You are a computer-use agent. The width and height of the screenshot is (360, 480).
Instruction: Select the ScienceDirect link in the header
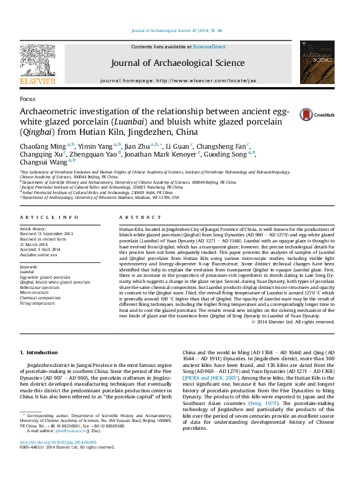[209, 47]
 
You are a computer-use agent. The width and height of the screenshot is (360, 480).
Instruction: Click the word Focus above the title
[27, 99]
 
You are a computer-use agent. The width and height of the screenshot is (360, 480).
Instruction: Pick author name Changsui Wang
[43, 162]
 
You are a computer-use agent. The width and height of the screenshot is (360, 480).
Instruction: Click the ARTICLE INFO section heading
[50, 217]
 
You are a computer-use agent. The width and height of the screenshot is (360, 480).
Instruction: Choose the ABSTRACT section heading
[135, 217]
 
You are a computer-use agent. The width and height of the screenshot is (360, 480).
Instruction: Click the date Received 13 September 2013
[47, 234]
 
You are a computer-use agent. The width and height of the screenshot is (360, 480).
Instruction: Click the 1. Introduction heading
[39, 352]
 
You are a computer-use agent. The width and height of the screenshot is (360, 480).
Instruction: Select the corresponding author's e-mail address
[77, 447]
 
